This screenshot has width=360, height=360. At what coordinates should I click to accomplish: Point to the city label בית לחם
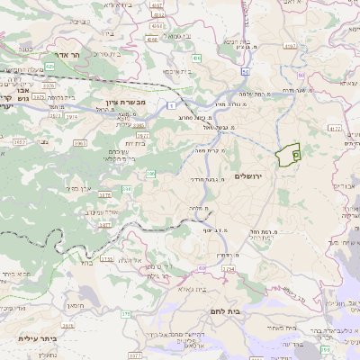(x=261, y=311)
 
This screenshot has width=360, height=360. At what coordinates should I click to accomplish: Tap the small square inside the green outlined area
(x=296, y=156)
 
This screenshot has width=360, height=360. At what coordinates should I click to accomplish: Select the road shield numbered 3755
(x=108, y=259)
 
